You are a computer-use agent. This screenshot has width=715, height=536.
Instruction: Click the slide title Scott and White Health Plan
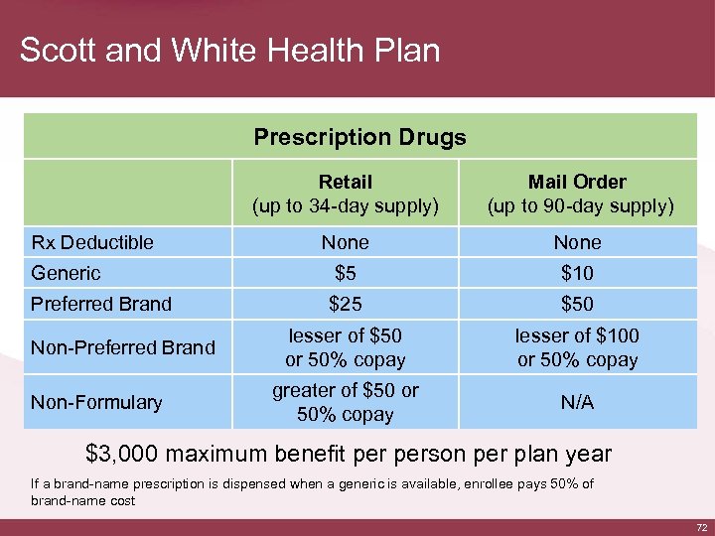(x=229, y=50)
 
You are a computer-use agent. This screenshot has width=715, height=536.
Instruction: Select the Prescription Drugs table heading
(x=359, y=137)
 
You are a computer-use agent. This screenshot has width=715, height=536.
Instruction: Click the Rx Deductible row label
(x=92, y=242)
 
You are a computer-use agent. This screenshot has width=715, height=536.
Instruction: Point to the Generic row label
(x=66, y=273)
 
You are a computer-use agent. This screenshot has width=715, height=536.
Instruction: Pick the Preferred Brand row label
(x=101, y=304)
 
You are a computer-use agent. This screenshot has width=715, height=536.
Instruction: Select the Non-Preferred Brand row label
(x=123, y=347)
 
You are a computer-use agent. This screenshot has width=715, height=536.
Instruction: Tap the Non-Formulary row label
(x=96, y=402)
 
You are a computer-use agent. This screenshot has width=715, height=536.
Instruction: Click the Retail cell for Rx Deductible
(x=346, y=242)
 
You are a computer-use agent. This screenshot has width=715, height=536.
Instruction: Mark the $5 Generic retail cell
(x=346, y=273)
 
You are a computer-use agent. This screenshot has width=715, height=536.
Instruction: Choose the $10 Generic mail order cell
(x=577, y=273)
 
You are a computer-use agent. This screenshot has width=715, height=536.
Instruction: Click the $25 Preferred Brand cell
(x=346, y=304)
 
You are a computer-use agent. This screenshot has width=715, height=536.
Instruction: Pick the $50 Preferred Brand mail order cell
(x=577, y=304)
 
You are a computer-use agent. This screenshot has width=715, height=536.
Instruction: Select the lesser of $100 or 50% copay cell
(x=577, y=347)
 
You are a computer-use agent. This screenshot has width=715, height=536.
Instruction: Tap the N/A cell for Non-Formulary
(x=577, y=402)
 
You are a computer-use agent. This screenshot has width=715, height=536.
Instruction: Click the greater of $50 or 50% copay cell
(x=346, y=402)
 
